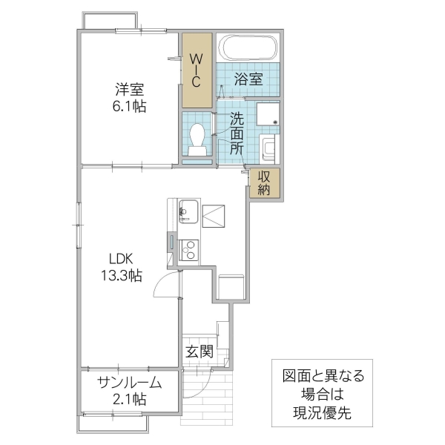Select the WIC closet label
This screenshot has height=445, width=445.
pos(198,70)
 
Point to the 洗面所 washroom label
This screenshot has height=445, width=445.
pos(236,132)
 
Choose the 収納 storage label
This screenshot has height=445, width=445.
pos(265,182)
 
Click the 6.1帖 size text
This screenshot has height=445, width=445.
pos(129,106)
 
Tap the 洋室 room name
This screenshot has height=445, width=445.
pos(129,90)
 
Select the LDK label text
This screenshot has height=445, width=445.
pos(121,260)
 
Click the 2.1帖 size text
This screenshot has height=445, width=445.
pos(129,400)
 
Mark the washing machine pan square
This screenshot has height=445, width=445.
pos(268,116)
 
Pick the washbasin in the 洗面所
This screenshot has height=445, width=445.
pos(270,147)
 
